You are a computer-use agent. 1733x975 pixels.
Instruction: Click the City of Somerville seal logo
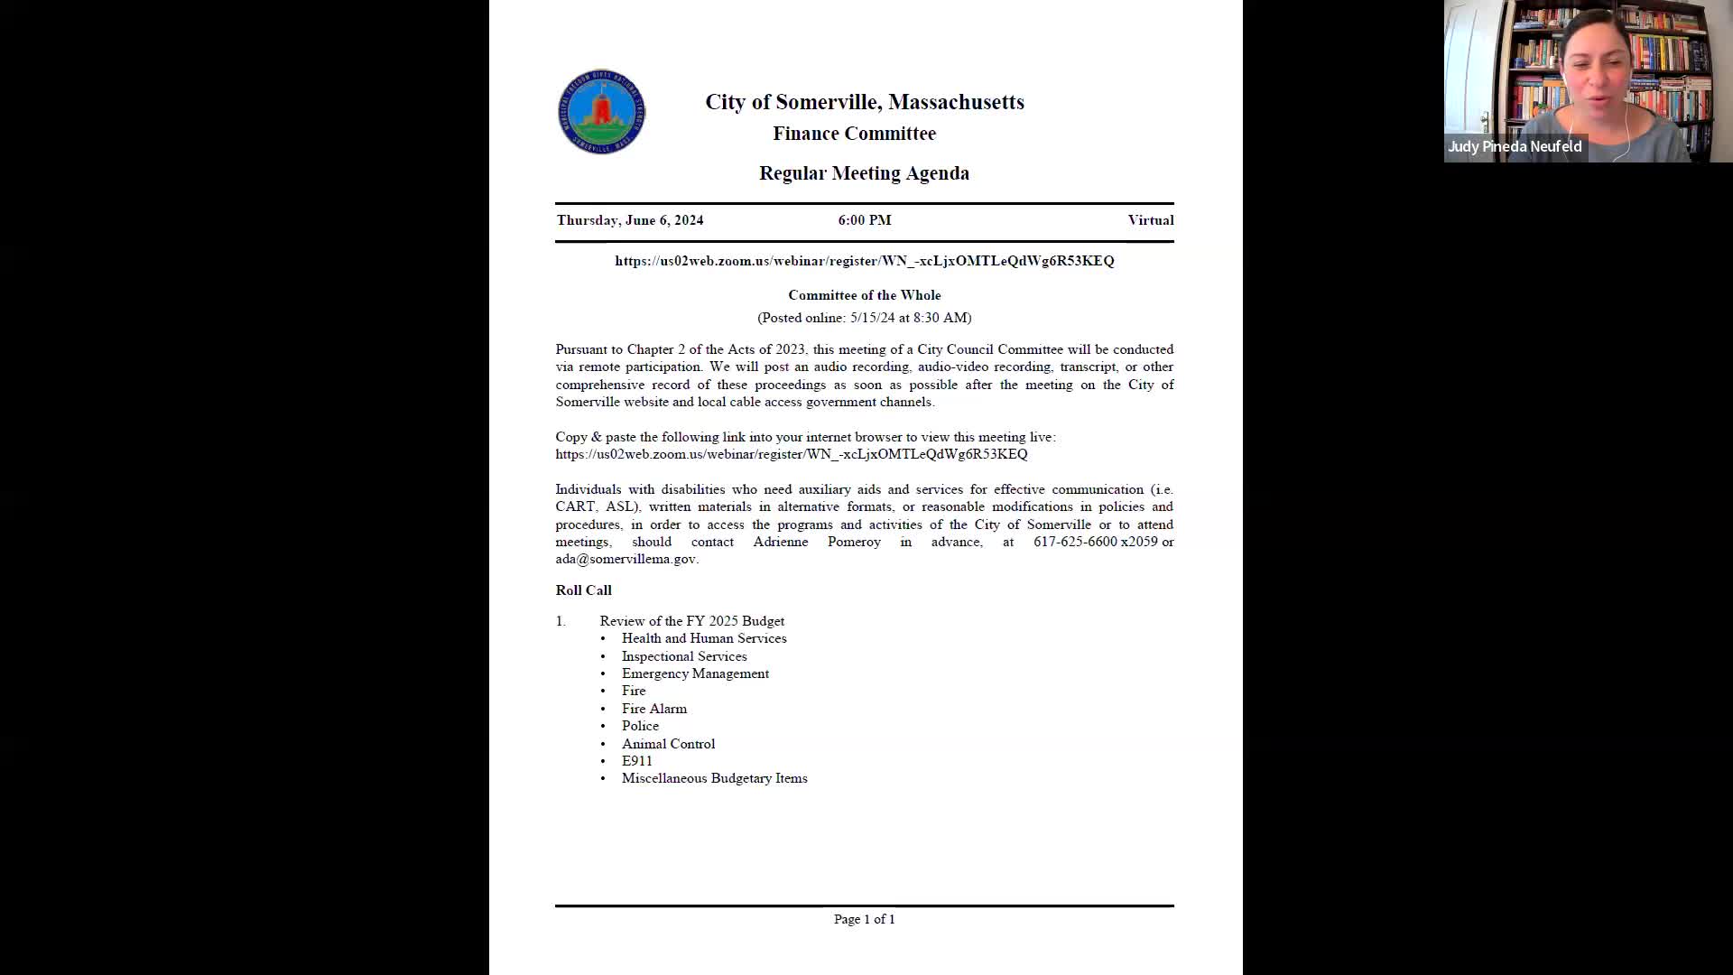click(x=601, y=112)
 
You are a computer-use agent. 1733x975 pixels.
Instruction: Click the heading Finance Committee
click(x=854, y=134)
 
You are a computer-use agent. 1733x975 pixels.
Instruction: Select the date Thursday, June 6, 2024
click(x=629, y=220)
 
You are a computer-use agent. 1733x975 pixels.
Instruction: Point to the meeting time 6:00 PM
click(x=864, y=220)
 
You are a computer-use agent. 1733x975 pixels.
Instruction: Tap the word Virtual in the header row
click(x=1150, y=220)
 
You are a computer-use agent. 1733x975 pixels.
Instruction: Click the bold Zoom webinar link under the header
click(x=864, y=261)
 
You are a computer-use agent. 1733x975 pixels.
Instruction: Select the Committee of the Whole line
click(x=864, y=295)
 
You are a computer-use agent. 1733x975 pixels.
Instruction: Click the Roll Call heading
click(x=583, y=590)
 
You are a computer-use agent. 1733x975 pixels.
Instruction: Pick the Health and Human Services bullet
click(x=703, y=638)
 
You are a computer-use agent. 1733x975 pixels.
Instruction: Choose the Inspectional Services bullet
click(x=683, y=656)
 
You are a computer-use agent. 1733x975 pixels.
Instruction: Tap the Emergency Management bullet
click(x=695, y=673)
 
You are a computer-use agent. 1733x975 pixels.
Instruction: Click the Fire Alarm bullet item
click(x=653, y=709)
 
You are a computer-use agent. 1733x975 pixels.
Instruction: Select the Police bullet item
click(x=640, y=726)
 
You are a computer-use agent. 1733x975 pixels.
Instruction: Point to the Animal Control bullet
click(x=668, y=744)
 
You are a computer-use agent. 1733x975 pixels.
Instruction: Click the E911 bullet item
click(x=636, y=761)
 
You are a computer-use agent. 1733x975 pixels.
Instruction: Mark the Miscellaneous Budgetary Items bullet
click(x=714, y=778)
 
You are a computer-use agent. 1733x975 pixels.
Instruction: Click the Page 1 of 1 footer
click(x=864, y=919)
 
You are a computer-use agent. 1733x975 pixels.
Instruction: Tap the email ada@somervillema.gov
click(x=626, y=559)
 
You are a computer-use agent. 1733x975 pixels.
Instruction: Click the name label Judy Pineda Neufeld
click(x=1515, y=146)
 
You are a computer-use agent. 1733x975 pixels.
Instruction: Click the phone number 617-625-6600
click(x=1075, y=542)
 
